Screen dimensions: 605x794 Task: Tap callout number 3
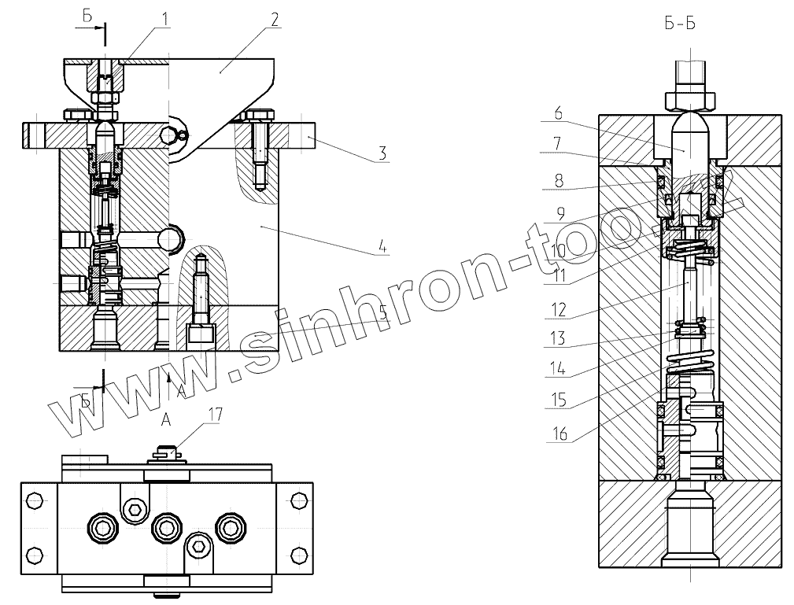point(382,153)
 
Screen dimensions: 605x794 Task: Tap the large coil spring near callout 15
point(689,363)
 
